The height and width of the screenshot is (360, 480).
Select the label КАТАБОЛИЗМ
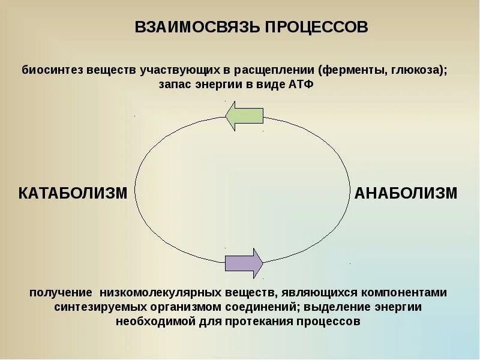(x=73, y=193)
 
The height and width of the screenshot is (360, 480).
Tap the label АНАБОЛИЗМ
(x=406, y=193)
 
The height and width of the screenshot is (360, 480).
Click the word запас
(x=175, y=85)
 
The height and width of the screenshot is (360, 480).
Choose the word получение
(x=59, y=292)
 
